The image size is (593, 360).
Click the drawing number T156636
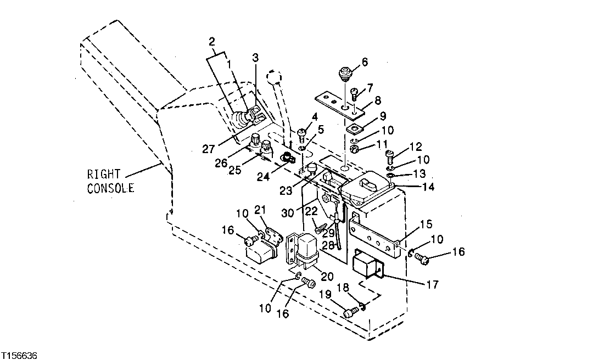pyautogui.click(x=19, y=355)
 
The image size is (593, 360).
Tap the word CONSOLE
pyautogui.click(x=110, y=188)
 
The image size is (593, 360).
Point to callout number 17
pyautogui.click(x=432, y=284)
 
